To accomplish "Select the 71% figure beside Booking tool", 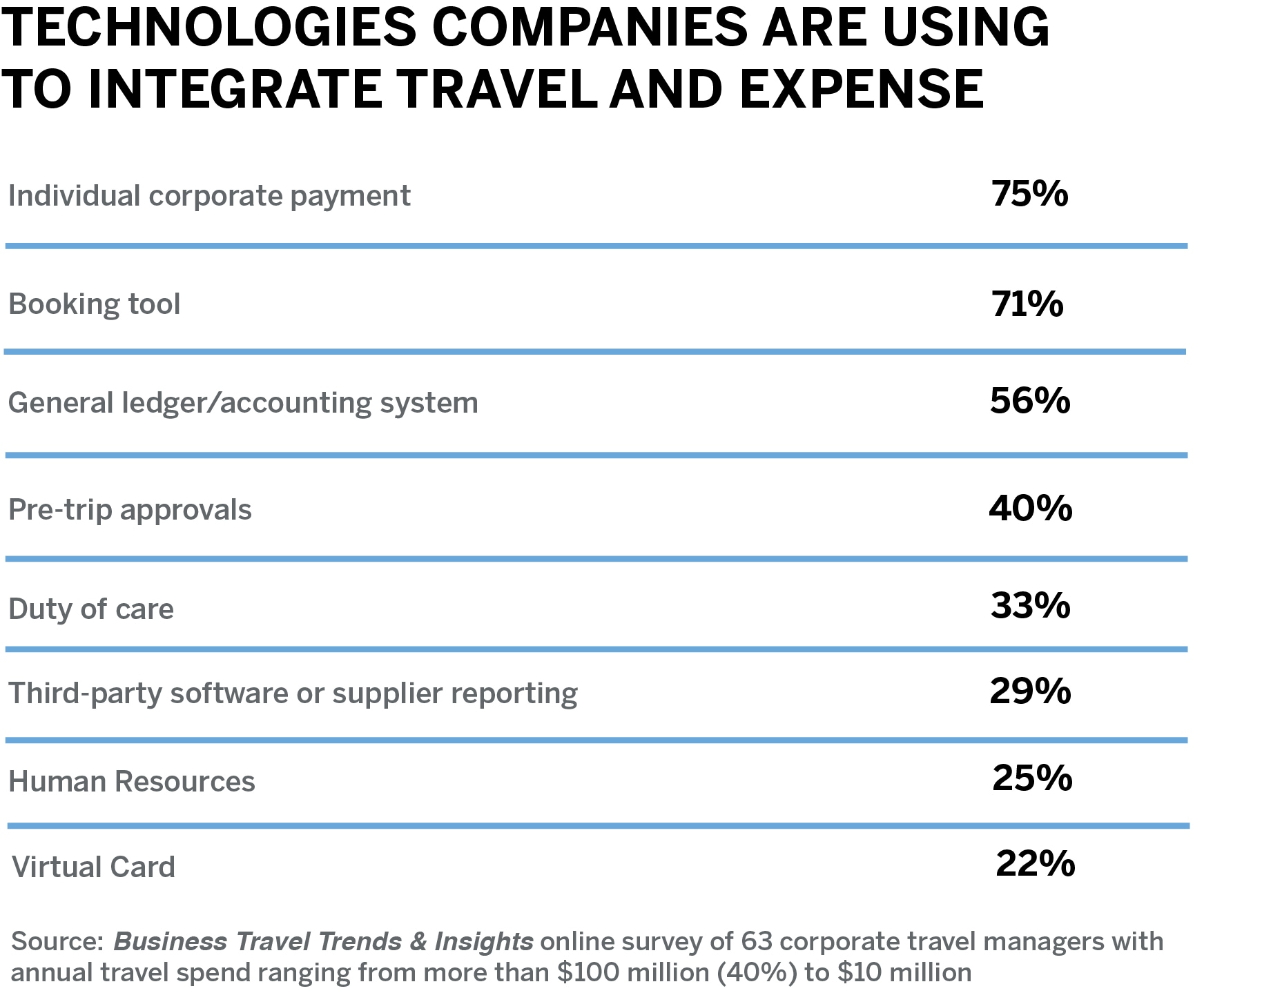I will click(x=1027, y=304).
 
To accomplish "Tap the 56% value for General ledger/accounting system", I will click(x=1029, y=401).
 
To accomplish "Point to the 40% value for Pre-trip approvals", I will click(x=1030, y=509).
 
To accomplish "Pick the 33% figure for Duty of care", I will click(x=1030, y=606).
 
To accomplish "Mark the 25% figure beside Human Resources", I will click(x=1032, y=778).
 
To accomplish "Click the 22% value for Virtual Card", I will click(x=1035, y=864).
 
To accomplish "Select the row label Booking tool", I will click(x=95, y=304).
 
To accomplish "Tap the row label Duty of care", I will click(x=91, y=609).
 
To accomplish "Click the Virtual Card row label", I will click(x=94, y=867).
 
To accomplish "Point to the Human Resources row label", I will click(x=132, y=782).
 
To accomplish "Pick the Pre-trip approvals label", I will click(x=130, y=510).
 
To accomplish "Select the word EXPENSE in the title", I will click(x=862, y=90).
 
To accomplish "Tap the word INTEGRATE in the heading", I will click(x=235, y=90).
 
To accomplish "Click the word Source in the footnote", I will click(x=56, y=941).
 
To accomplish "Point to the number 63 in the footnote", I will click(x=756, y=941).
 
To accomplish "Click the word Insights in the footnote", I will click(x=483, y=941).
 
